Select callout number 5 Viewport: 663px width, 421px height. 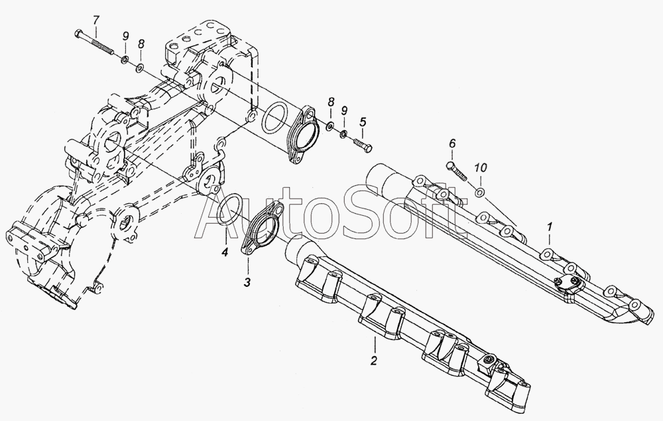tap(363, 122)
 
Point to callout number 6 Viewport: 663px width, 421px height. tap(453, 143)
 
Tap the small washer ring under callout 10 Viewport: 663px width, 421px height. tap(480, 193)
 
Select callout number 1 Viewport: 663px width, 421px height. tap(550, 228)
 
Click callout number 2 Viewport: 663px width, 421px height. tap(374, 361)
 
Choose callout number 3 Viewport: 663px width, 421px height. tap(247, 282)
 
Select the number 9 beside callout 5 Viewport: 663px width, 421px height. tap(344, 111)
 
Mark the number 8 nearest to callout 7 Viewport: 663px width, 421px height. tap(141, 44)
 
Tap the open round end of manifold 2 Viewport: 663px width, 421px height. tap(297, 253)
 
